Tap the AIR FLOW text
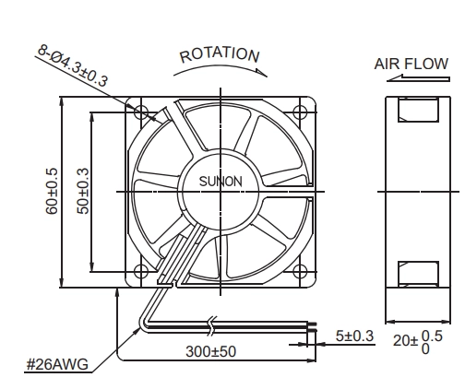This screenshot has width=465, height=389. [411, 64]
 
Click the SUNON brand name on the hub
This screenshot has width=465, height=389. [221, 182]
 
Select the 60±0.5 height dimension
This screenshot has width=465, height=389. [52, 191]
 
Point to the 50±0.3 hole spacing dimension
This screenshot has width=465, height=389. [83, 191]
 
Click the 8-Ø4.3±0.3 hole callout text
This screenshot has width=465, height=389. [73, 65]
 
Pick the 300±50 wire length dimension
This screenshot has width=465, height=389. [211, 351]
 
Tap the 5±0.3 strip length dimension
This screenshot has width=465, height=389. [354, 336]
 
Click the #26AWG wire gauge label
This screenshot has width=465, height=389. [57, 364]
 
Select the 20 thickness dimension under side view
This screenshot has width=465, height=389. [418, 341]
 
